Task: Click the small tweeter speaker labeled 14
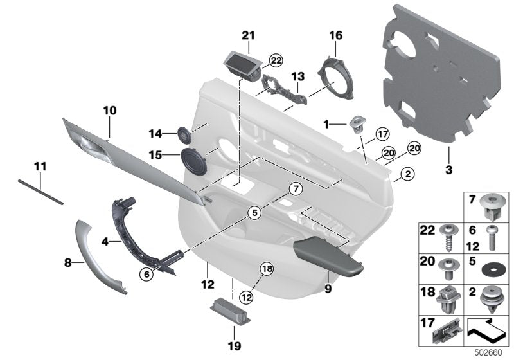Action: (185, 135)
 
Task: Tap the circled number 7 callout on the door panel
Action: (294, 188)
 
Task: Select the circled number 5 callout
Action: (254, 212)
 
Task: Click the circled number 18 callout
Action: (267, 269)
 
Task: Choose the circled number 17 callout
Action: (383, 134)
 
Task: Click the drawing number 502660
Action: (492, 352)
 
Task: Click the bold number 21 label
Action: (248, 35)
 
